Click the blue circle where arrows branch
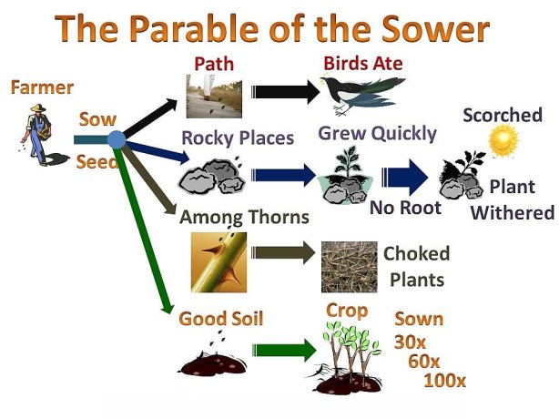pyautogui.click(x=116, y=139)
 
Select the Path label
pyautogui.click(x=215, y=64)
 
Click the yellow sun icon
pyautogui.click(x=501, y=142)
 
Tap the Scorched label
pyautogui.click(x=502, y=116)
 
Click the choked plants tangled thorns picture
pyautogui.click(x=349, y=267)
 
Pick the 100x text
pyautogui.click(x=444, y=381)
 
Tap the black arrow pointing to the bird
pyautogui.click(x=285, y=92)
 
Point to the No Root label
pyautogui.click(x=405, y=208)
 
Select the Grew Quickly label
pyautogui.click(x=377, y=134)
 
